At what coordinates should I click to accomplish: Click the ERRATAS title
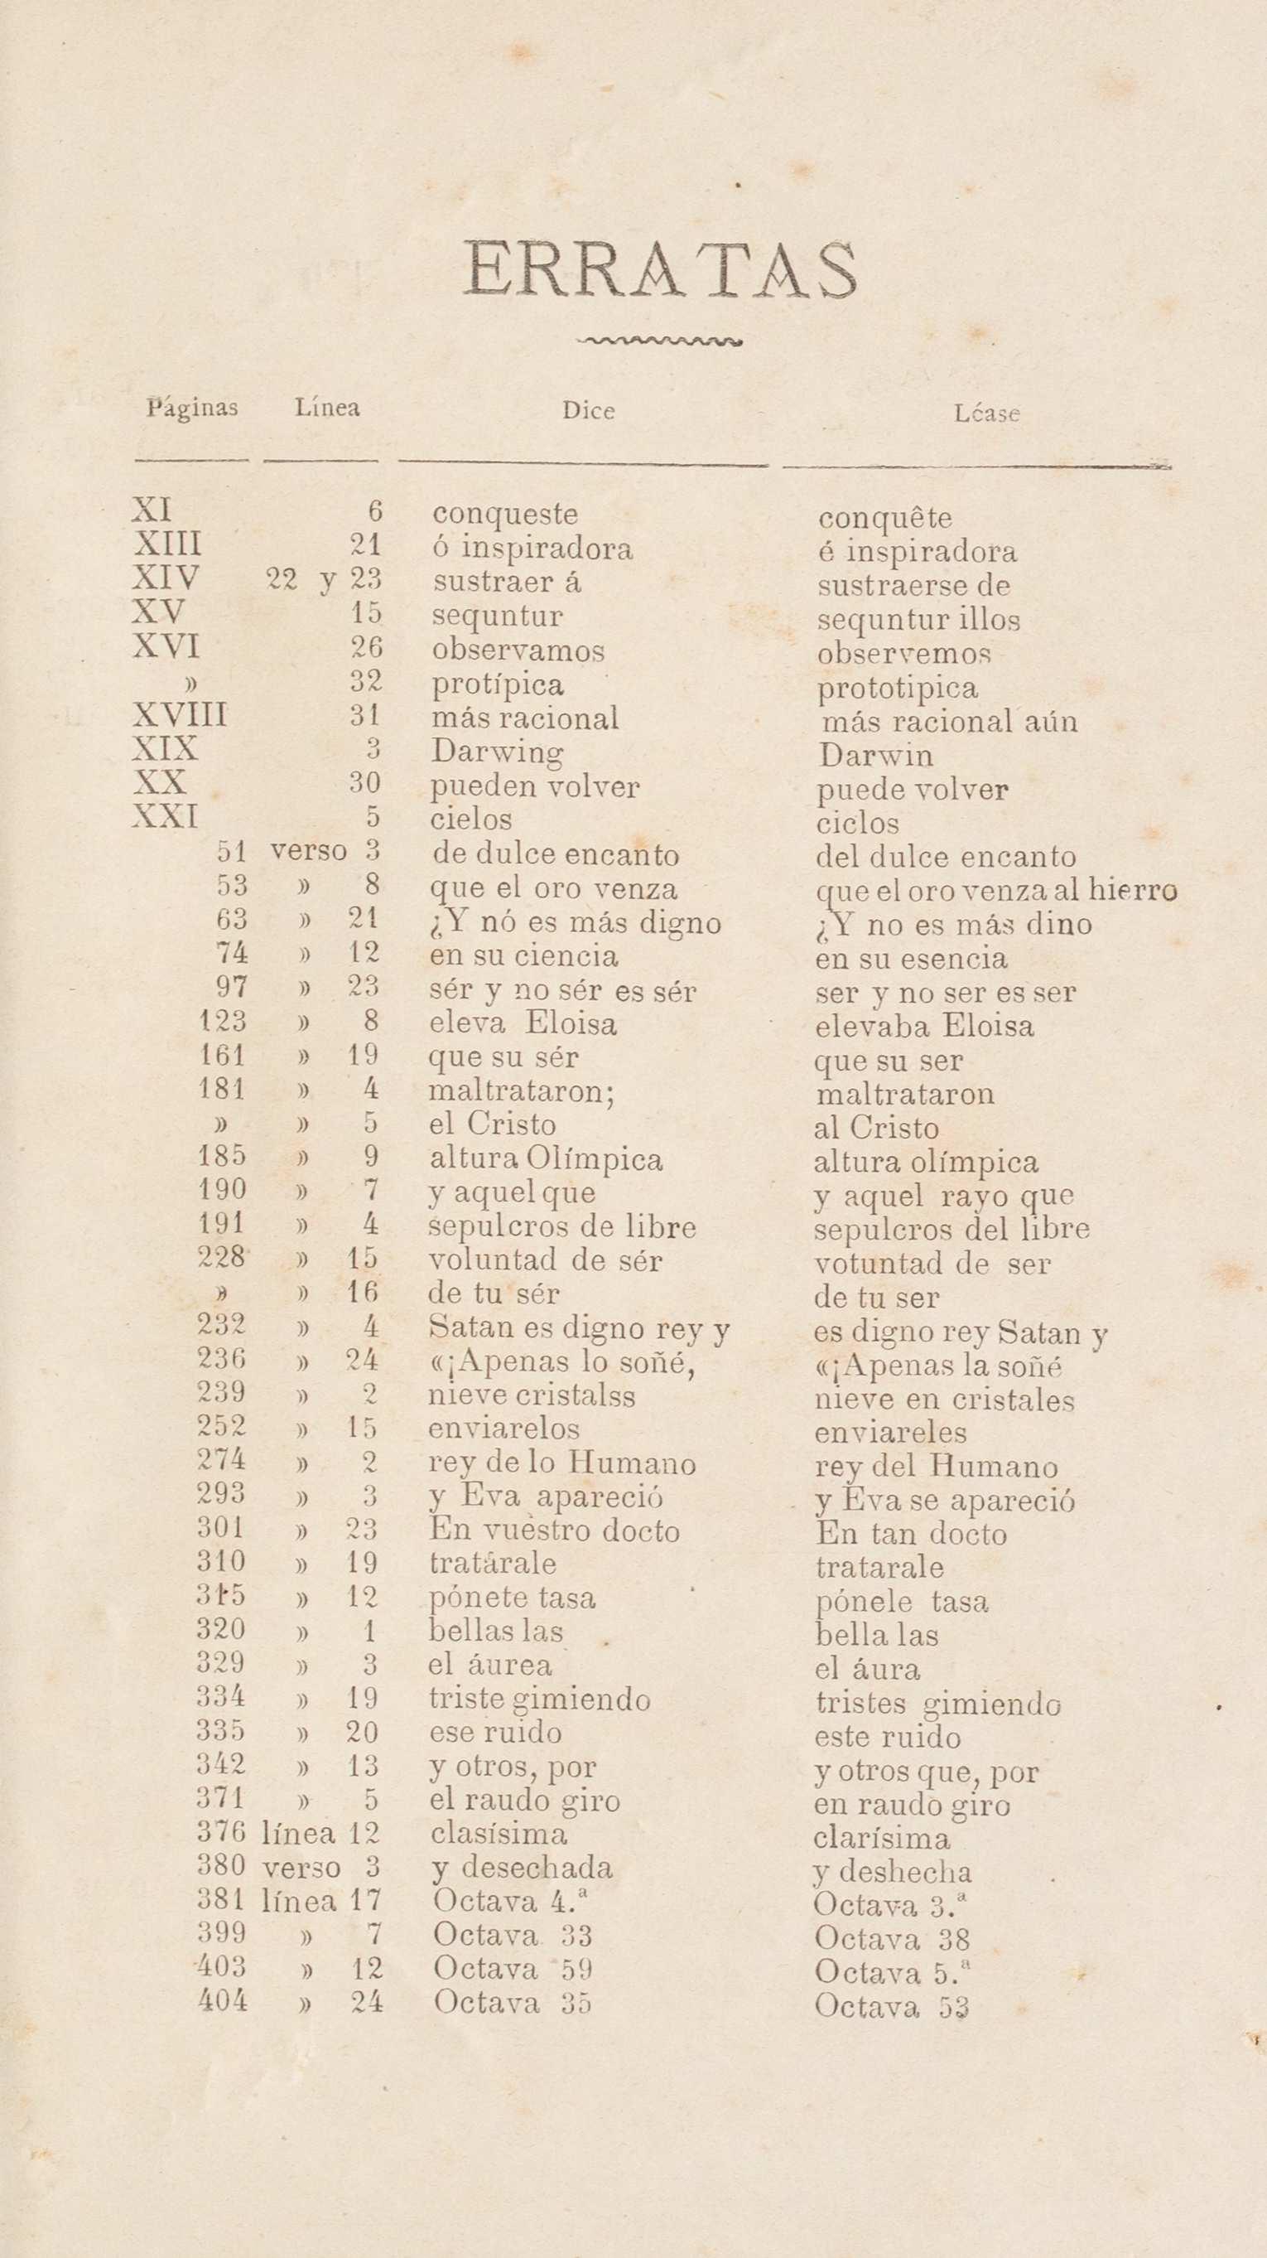[x=660, y=269]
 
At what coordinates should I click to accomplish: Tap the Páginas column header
[x=192, y=408]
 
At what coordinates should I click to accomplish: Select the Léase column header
[x=986, y=413]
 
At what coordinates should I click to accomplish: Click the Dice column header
[x=588, y=410]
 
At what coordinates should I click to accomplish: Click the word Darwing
[x=497, y=752]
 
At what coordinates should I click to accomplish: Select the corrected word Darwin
[x=874, y=756]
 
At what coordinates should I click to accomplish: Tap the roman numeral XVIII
[x=180, y=716]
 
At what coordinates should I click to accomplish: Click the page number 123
[x=223, y=1021]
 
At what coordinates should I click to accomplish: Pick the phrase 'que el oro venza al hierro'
[x=995, y=892]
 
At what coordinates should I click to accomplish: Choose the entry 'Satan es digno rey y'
[x=579, y=1330]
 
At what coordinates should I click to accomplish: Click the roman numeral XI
[x=152, y=510]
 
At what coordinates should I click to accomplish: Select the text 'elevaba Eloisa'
[x=923, y=1026]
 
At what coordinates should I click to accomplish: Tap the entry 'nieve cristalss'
[x=532, y=1395]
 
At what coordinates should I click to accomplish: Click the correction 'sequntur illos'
[x=918, y=620]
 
